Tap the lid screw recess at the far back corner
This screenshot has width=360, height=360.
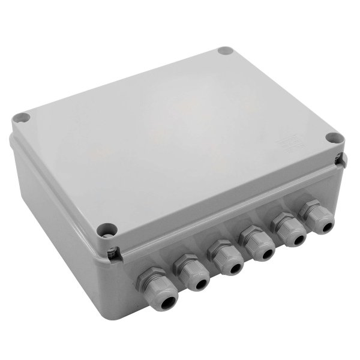pyautogui.click(x=224, y=52)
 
